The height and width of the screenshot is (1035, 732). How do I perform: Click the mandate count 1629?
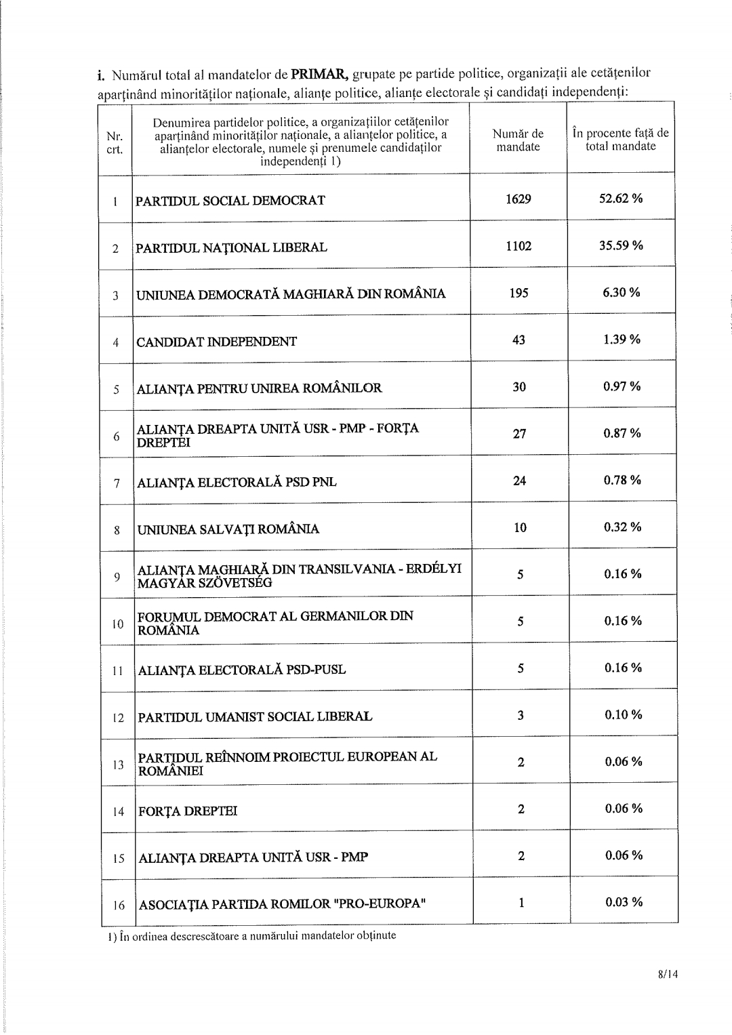[518, 199]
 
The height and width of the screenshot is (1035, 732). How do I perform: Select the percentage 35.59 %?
[621, 245]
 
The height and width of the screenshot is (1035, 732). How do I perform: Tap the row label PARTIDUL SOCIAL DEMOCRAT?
[230, 201]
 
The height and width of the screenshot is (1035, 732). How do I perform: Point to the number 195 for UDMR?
[518, 293]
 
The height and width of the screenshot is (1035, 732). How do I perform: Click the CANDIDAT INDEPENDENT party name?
[217, 342]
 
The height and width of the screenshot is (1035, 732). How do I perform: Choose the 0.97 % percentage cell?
[622, 386]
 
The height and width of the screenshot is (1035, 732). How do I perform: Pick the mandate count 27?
[520, 434]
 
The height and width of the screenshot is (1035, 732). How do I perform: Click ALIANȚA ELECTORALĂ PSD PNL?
[237, 483]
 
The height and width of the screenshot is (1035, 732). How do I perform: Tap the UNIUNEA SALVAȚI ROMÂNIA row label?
[228, 529]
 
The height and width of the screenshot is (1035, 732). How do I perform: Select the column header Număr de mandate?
[518, 140]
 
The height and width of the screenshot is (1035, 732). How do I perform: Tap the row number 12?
[119, 717]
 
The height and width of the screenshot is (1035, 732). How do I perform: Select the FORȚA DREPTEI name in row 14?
[188, 811]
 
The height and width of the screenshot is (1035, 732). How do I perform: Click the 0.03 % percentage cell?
[624, 902]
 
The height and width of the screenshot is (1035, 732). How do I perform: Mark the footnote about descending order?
[251, 936]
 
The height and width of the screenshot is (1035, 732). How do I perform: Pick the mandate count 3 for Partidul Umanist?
[521, 715]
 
